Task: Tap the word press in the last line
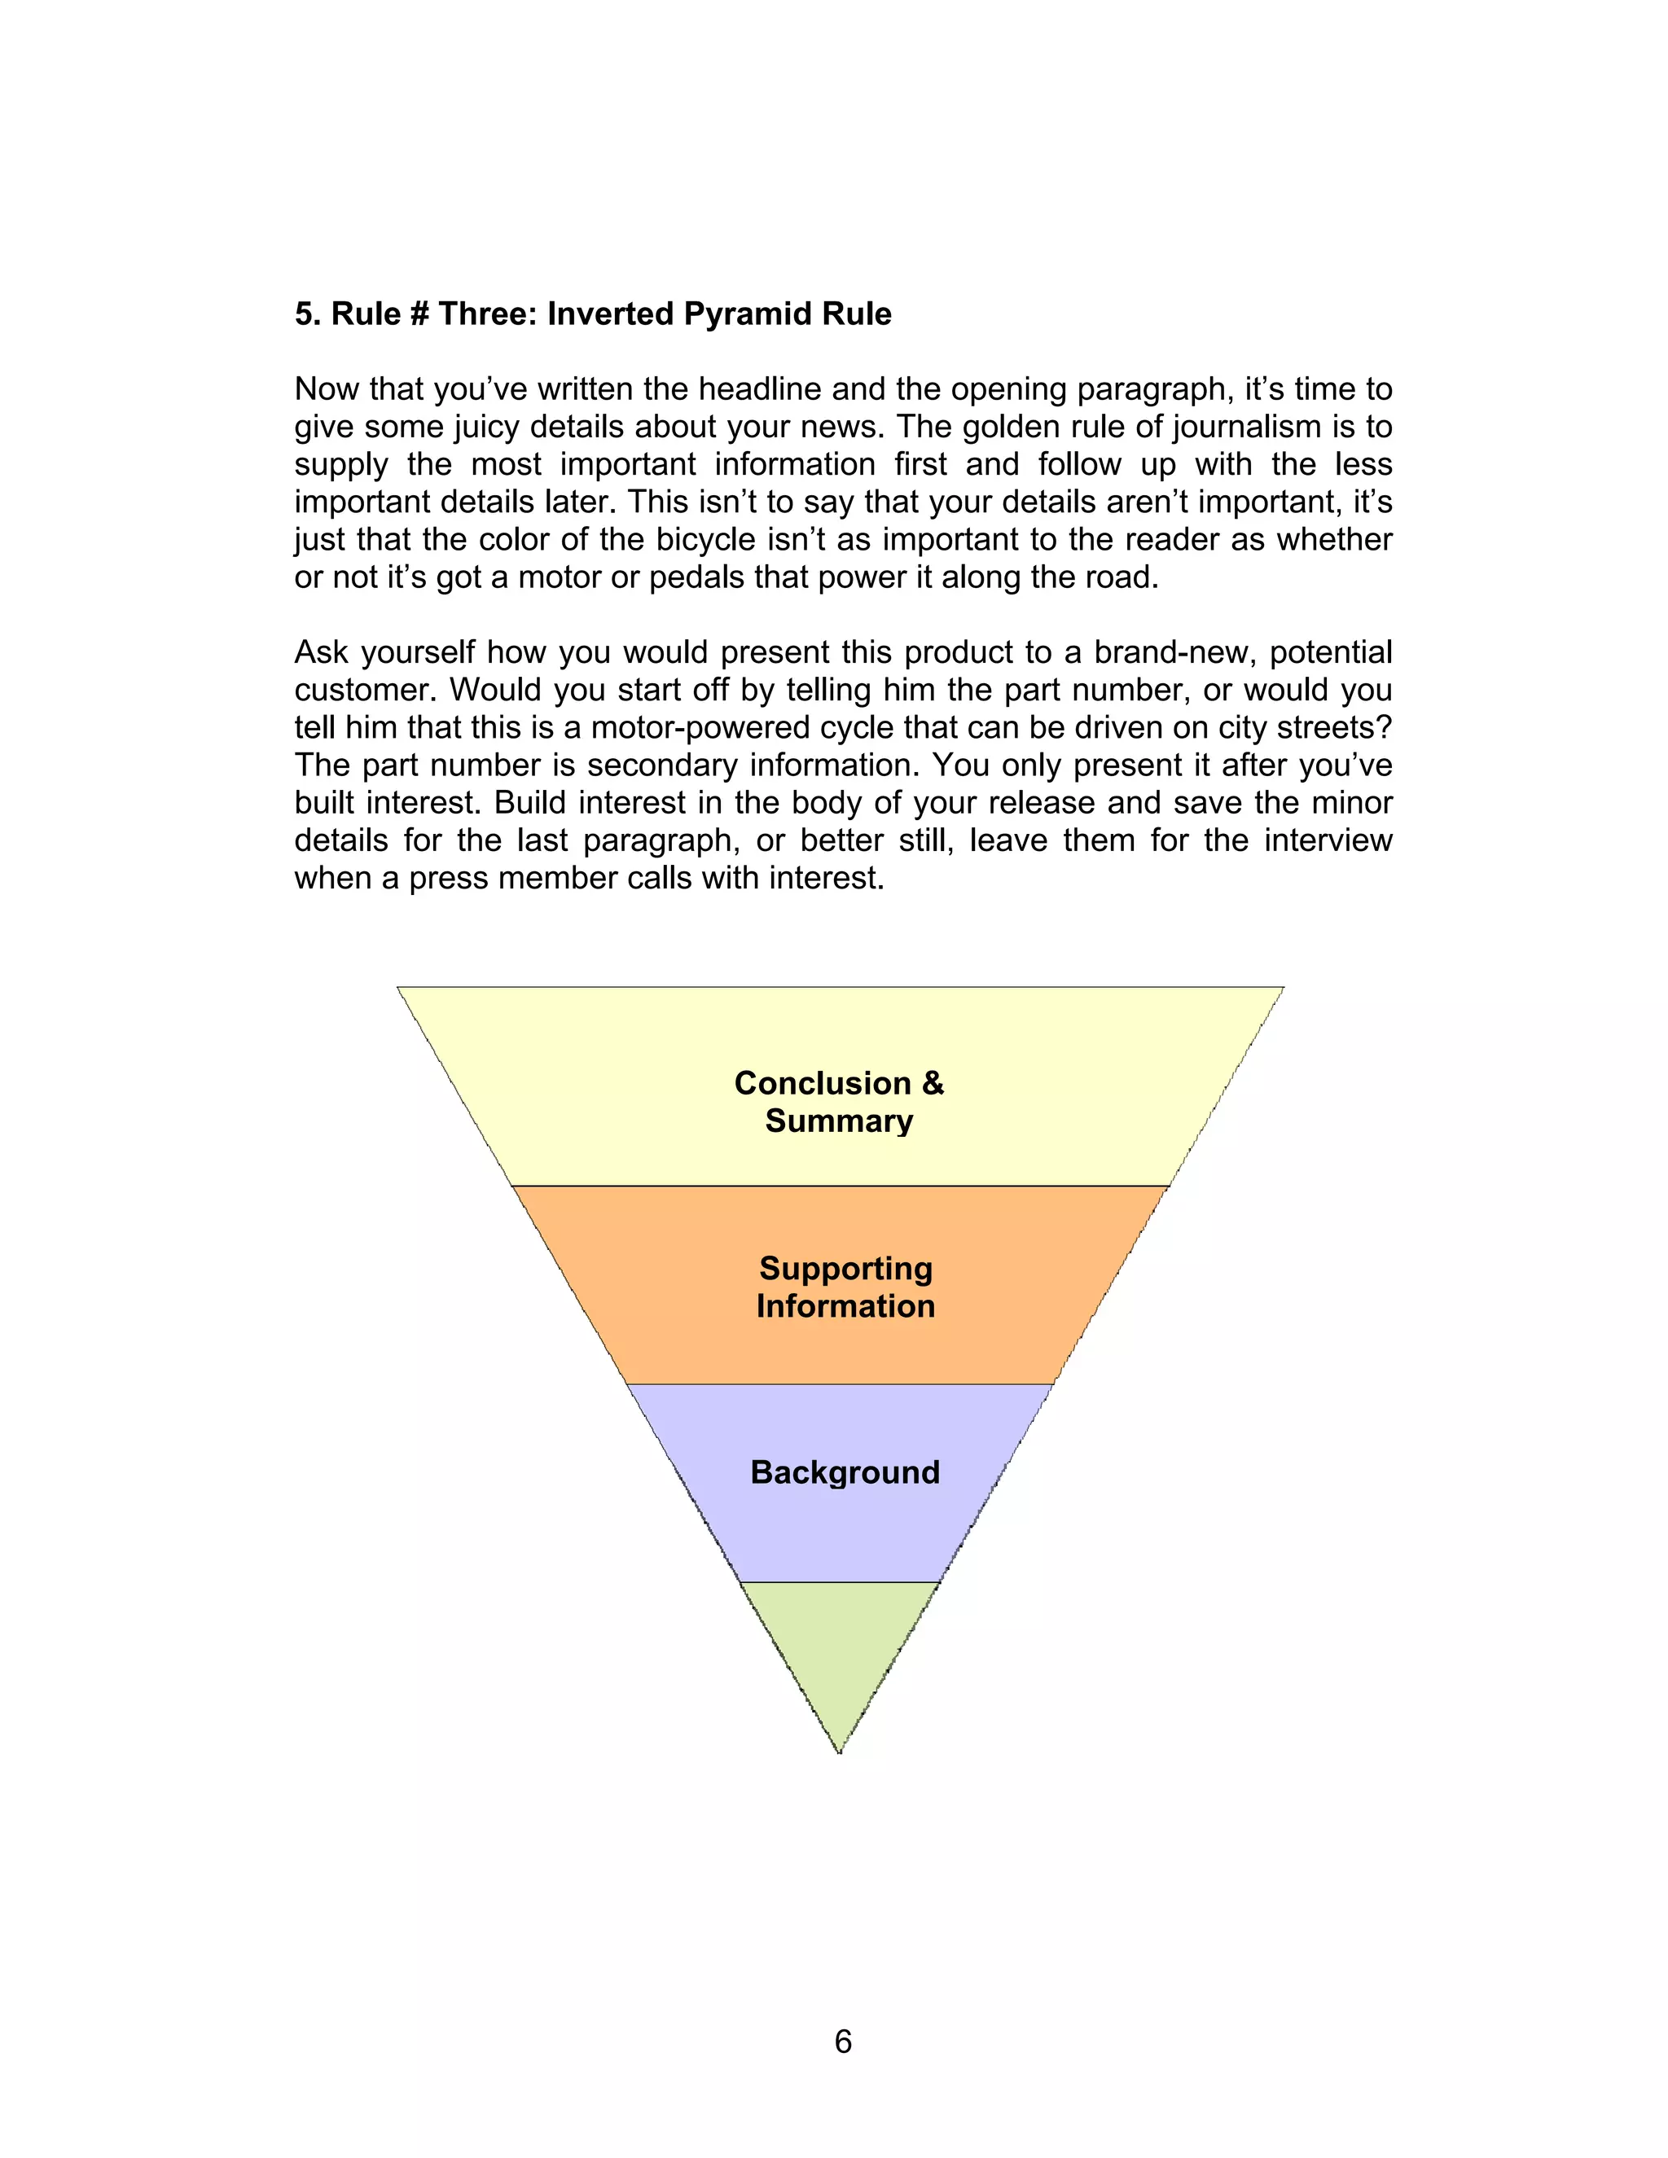click(449, 877)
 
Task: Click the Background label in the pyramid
click(845, 1472)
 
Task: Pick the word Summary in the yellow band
click(839, 1121)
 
